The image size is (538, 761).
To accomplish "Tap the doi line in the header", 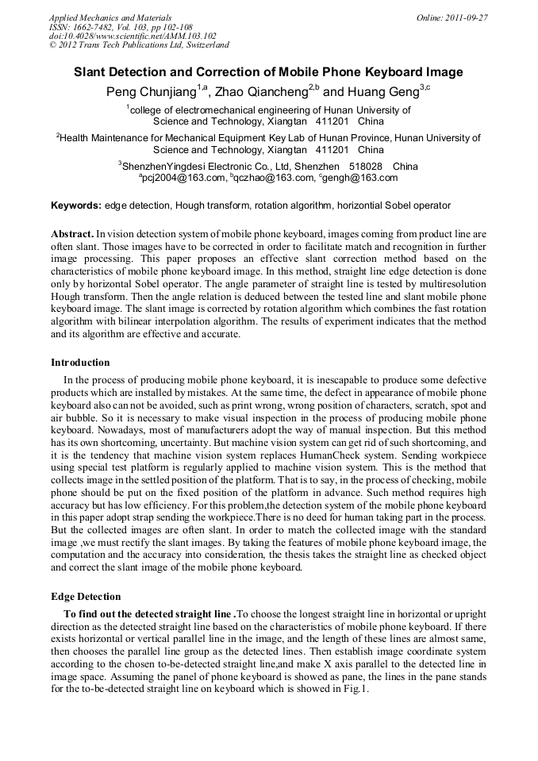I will [133, 36].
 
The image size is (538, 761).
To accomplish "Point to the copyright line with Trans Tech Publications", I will [139, 45].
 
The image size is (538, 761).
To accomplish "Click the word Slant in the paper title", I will [92, 72].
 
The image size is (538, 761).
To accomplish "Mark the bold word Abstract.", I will [72, 235].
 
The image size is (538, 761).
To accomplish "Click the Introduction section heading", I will [80, 363].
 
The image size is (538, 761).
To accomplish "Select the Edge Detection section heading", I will [86, 596].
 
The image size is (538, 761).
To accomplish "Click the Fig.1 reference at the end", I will [357, 690].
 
